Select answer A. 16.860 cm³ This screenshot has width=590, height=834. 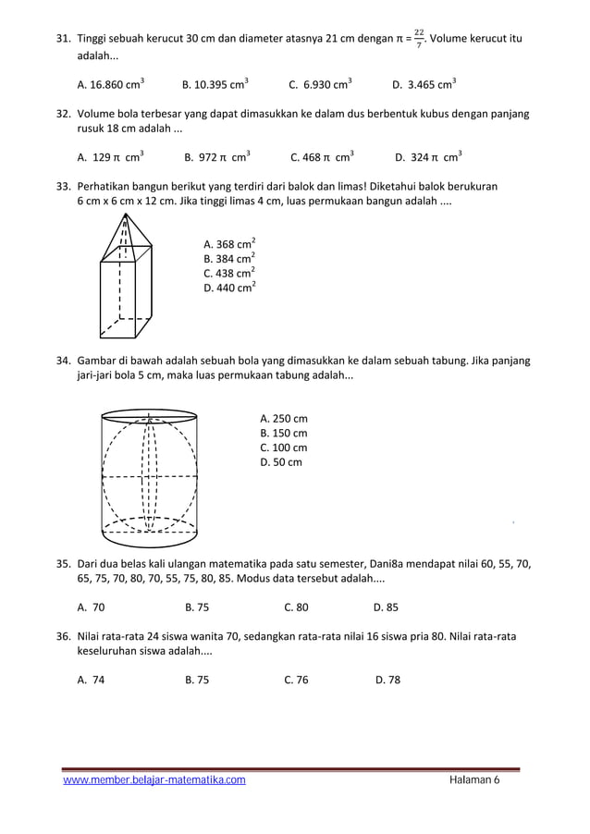click(x=110, y=85)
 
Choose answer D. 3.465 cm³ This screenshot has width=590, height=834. click(x=424, y=85)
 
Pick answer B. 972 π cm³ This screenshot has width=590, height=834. click(x=217, y=157)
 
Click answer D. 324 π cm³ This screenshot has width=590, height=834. click(x=428, y=157)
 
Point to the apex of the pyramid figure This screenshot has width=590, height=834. click(x=123, y=215)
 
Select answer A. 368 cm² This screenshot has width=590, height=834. click(x=229, y=244)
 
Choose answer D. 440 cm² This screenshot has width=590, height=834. click(x=229, y=288)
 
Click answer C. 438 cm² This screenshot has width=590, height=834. click(x=229, y=273)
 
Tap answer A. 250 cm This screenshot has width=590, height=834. click(x=284, y=418)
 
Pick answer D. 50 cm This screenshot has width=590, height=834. click(x=281, y=462)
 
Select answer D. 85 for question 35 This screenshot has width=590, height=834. click(x=386, y=607)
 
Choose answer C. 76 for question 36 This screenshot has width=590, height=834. click(x=296, y=680)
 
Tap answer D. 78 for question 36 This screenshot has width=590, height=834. click(x=387, y=680)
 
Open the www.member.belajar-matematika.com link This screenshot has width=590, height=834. click(x=154, y=780)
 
